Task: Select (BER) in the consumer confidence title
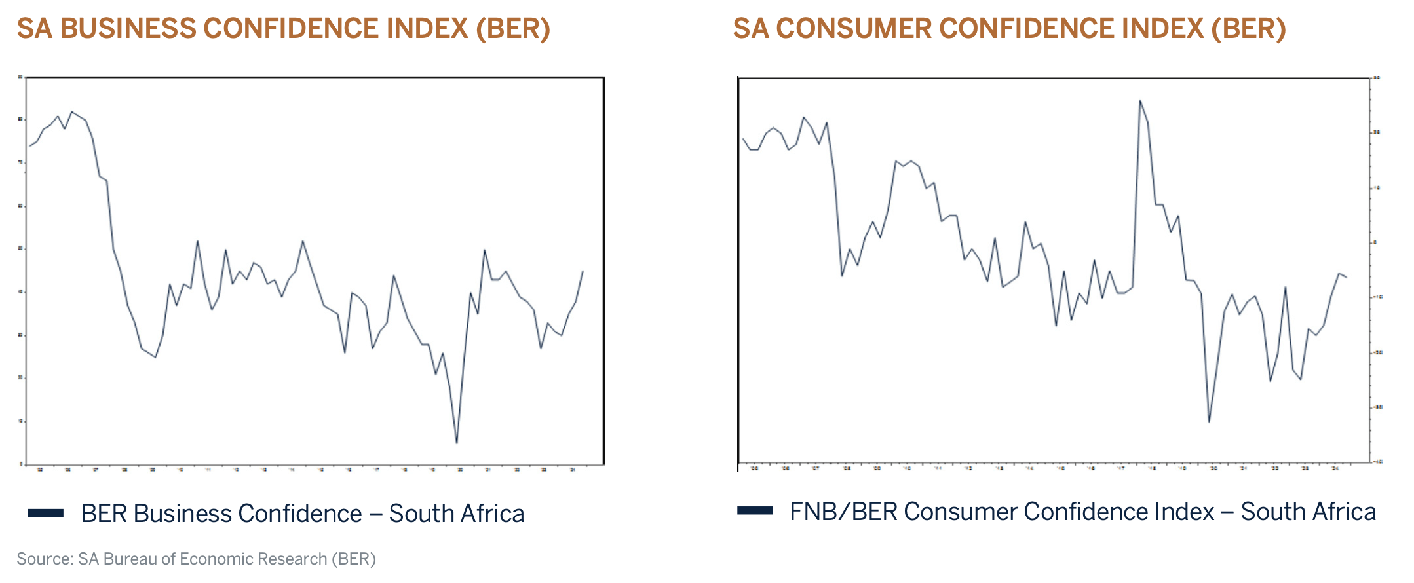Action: click(x=1248, y=29)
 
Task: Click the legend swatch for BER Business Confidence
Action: click(x=45, y=513)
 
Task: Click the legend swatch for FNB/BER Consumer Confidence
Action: click(x=755, y=511)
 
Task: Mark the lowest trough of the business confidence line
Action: click(x=457, y=443)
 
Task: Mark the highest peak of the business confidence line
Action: click(x=71, y=111)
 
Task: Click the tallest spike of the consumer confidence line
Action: click(x=1140, y=100)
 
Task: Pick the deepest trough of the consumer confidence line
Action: click(x=1209, y=421)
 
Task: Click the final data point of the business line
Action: click(x=583, y=271)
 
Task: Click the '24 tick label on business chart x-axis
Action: click(x=573, y=470)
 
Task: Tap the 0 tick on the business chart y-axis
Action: click(x=21, y=464)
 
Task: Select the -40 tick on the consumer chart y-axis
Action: click(x=1377, y=462)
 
